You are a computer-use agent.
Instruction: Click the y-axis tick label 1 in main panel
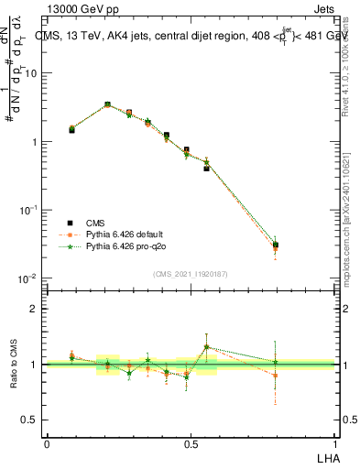pos(34,142)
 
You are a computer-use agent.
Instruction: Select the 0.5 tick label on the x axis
pos(191,443)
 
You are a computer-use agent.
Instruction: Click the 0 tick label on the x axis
pos(47,443)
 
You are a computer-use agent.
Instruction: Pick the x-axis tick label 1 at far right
pos(334,443)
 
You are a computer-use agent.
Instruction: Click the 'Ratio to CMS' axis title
pos(13,364)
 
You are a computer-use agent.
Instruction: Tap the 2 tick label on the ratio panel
pos(34,309)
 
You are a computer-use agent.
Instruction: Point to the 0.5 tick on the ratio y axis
pos(31,420)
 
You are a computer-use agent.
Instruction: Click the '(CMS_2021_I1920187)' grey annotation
pos(190,273)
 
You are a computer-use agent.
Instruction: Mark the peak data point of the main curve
pos(107,105)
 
